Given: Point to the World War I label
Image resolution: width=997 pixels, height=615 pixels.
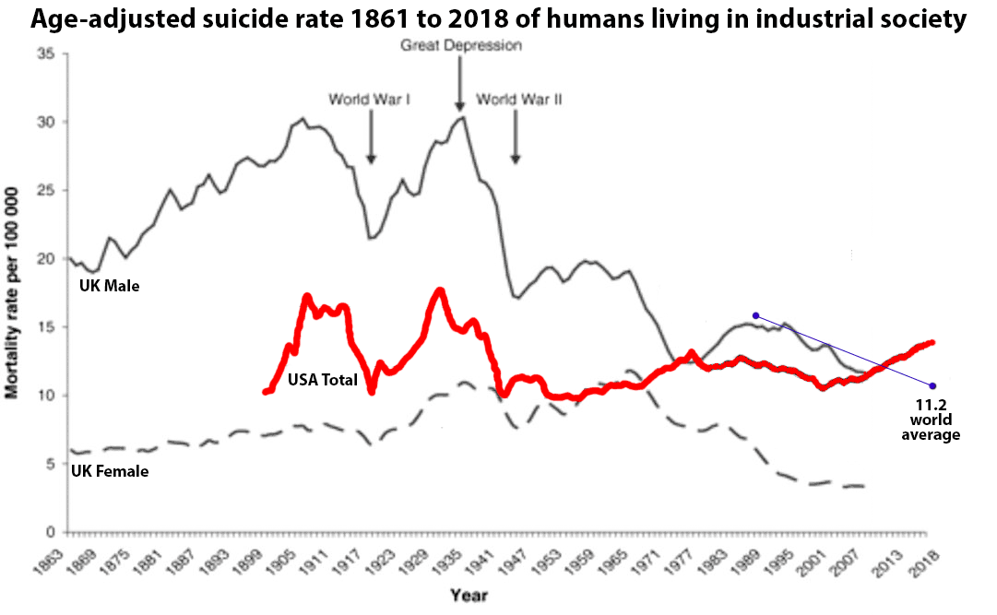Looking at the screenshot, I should click(x=369, y=99).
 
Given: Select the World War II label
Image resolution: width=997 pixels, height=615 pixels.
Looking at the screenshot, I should click(x=519, y=99).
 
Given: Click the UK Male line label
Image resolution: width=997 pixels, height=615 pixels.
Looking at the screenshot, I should click(x=109, y=287).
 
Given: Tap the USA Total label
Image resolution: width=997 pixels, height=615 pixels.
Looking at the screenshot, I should click(x=322, y=378).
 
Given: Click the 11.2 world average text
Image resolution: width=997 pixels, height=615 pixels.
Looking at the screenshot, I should click(x=932, y=419).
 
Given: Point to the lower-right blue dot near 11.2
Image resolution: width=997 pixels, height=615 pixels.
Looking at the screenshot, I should click(x=933, y=385).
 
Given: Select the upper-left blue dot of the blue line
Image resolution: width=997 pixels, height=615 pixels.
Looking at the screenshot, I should click(x=755, y=315).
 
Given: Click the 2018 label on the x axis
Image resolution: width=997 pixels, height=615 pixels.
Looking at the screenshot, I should click(x=925, y=562).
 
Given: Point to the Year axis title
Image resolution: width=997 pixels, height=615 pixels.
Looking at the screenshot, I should click(x=469, y=595).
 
